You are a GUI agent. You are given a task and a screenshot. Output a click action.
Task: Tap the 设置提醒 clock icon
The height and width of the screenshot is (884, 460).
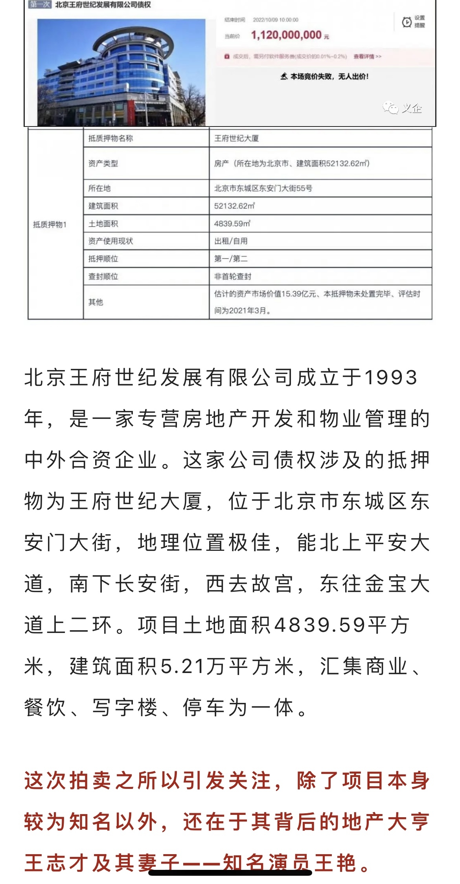coord(407,22)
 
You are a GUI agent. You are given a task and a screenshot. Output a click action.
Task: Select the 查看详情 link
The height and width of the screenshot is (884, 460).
coord(367,57)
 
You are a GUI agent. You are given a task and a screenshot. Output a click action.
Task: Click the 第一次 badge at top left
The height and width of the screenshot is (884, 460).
coord(40,5)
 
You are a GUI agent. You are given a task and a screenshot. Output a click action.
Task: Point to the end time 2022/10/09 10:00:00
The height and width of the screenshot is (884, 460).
coord(275,20)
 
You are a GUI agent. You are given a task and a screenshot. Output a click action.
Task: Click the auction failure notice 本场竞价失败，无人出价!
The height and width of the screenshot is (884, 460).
coord(325,77)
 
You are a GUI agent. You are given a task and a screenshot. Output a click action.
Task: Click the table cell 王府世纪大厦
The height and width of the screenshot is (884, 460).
coord(236,138)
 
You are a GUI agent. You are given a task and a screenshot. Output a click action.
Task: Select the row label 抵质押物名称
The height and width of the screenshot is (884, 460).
coord(110,138)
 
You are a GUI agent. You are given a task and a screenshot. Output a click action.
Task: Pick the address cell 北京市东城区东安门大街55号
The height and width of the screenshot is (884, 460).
coord(263,188)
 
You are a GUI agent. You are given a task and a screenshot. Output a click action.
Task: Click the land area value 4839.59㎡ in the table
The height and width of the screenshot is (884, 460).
coord(232,224)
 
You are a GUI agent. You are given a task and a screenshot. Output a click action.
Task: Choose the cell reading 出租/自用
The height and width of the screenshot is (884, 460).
coord(231,241)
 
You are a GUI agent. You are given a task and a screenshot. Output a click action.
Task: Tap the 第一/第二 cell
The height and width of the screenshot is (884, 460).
coord(231,259)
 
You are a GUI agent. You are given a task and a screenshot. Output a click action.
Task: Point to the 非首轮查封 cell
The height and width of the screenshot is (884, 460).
coord(232,277)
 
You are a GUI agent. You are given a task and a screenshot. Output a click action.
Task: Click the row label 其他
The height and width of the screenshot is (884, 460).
coord(96,302)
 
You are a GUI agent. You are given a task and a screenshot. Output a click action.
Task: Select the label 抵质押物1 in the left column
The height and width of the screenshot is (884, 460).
coord(50,225)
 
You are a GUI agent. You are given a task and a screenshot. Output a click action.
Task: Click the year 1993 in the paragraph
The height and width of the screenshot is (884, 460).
coord(391,378)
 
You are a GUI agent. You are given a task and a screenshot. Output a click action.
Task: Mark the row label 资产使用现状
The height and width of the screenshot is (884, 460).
coord(110,241)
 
